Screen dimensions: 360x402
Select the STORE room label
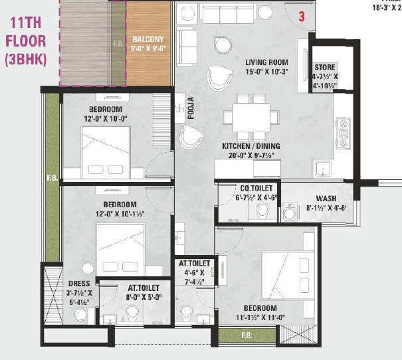(326, 68)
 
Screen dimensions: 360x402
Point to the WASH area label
(326, 199)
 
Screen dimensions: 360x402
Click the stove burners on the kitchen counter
(344, 133)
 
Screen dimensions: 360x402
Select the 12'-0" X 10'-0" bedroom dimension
(104, 118)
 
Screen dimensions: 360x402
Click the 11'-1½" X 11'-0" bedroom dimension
(259, 318)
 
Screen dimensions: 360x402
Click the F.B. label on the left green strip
(51, 179)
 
